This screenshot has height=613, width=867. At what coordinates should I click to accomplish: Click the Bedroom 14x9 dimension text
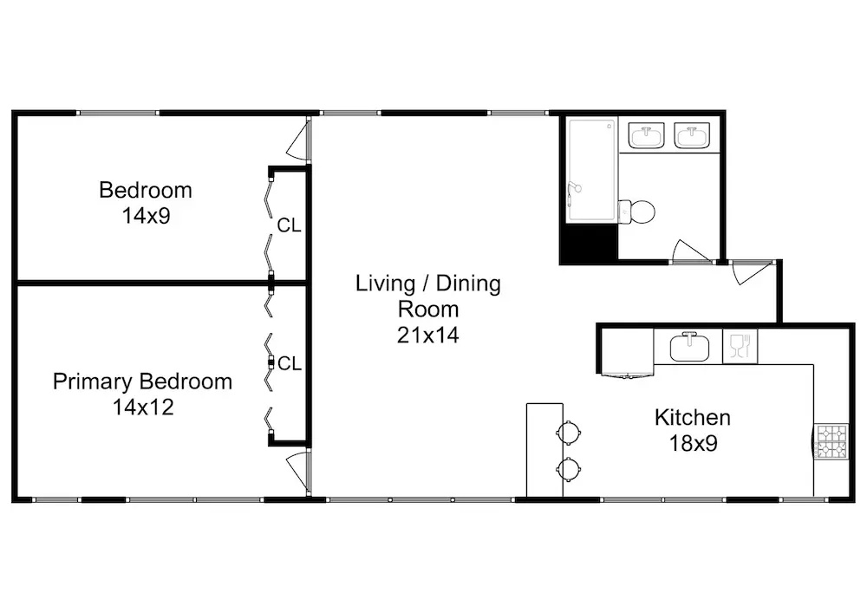point(146,216)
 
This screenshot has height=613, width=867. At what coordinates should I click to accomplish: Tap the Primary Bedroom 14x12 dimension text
point(143,408)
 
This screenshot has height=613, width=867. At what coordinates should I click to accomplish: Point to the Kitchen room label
point(692,417)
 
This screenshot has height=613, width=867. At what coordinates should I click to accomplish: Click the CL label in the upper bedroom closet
point(289,225)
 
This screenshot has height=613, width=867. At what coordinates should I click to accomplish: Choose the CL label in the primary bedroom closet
point(290,363)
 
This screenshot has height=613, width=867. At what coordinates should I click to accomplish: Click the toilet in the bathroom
point(636,212)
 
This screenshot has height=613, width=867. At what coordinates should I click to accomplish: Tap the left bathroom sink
point(647,135)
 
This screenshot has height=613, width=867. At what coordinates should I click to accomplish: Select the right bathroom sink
point(691,135)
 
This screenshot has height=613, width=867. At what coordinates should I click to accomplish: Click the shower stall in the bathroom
point(591,170)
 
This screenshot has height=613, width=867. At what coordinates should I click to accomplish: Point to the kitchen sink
point(689,347)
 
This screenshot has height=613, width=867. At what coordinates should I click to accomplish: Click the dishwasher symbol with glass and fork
point(740,347)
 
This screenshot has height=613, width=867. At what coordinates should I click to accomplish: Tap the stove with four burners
point(831,441)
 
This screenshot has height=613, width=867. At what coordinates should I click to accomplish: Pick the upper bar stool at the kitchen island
point(569,432)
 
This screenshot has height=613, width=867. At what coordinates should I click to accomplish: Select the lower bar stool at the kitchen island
point(569,470)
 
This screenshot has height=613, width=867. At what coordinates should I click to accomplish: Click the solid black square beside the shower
point(589,243)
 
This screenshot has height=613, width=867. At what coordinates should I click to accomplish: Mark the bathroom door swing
point(691,251)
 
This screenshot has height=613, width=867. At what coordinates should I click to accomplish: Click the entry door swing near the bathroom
point(752,272)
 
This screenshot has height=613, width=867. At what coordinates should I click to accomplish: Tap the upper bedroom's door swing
point(297,141)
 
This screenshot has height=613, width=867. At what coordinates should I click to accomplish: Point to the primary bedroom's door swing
point(297,471)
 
